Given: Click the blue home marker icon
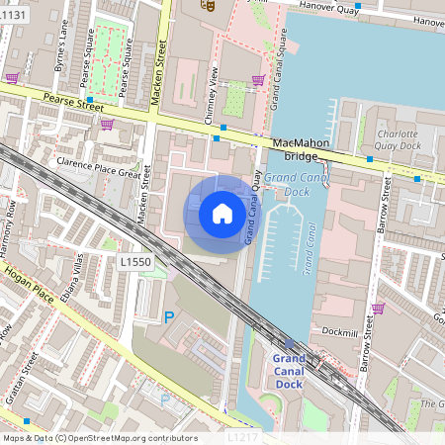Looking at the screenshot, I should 222,213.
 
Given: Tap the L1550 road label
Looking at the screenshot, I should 134,262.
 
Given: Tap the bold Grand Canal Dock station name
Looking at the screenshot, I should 288,370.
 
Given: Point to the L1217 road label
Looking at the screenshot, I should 241,436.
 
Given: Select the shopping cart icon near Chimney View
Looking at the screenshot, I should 258,81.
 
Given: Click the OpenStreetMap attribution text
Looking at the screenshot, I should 99,437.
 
